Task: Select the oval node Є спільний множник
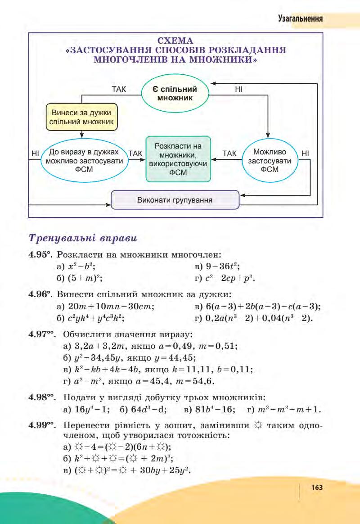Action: point(175,93)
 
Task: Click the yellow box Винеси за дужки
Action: point(82,117)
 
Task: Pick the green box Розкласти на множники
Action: point(178,159)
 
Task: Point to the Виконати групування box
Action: point(175,199)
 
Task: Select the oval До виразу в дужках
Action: point(84,161)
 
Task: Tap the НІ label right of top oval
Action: point(239,90)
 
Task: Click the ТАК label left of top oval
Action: point(119,90)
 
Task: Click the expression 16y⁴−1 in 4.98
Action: point(90,410)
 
